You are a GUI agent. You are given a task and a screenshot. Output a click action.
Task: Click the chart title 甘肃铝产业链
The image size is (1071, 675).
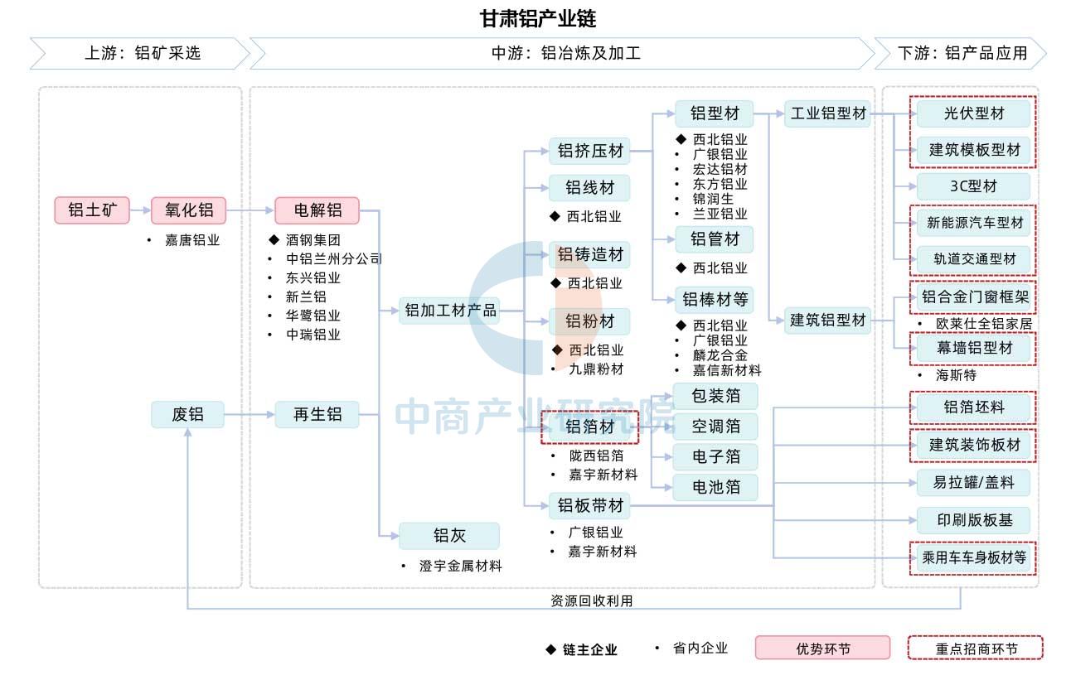(538, 18)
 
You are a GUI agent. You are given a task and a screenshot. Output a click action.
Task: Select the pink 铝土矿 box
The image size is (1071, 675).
(92, 210)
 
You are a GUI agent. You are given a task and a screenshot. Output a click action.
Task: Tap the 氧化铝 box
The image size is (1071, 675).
(189, 210)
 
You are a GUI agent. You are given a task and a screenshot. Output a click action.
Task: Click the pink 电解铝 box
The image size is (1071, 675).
(317, 210)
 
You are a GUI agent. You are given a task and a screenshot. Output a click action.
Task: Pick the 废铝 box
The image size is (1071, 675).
(188, 414)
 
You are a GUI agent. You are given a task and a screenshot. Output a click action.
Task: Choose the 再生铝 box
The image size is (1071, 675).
(317, 414)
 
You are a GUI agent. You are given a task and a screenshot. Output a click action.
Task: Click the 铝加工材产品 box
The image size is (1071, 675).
(450, 311)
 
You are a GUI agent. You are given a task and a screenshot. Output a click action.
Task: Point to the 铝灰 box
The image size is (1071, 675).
(449, 536)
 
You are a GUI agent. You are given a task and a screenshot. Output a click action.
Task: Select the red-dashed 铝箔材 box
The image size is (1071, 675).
(589, 427)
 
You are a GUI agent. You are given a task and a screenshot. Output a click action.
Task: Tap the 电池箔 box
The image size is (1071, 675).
(715, 487)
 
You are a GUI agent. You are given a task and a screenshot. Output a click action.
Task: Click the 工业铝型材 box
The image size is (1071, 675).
(828, 113)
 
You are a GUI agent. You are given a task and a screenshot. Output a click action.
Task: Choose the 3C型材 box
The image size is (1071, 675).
(973, 186)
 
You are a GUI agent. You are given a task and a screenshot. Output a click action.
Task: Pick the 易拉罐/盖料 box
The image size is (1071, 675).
(973, 483)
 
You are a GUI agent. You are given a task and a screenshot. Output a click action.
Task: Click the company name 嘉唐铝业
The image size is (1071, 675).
(192, 240)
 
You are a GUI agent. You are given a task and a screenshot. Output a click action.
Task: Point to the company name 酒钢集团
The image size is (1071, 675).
(313, 240)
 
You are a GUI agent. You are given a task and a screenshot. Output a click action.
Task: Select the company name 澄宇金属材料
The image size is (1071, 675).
(460, 566)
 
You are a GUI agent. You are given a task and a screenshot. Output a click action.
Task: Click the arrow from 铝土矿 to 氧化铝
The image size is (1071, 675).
(141, 210)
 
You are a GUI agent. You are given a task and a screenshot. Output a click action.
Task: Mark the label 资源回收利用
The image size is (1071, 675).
(591, 600)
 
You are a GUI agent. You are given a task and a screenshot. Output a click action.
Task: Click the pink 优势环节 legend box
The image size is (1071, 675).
(823, 648)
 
